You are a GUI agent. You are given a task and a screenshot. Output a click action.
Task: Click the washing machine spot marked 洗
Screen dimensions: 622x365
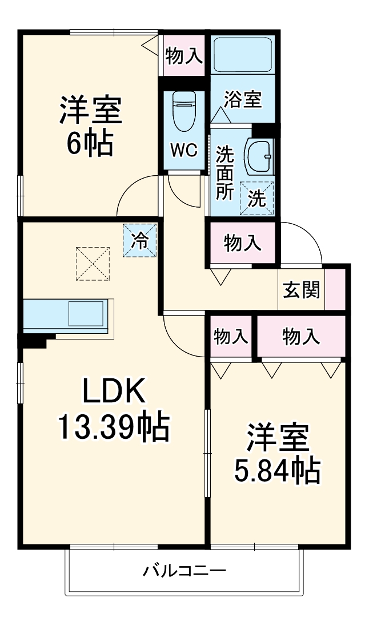[x=257, y=198]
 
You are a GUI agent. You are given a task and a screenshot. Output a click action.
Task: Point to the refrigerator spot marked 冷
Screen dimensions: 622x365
[x=139, y=240]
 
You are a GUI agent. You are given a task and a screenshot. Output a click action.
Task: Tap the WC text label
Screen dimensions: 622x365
[x=184, y=151]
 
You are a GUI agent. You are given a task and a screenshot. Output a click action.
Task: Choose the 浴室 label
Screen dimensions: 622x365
[x=242, y=99]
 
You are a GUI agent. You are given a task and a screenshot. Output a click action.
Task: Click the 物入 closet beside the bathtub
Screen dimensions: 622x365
[x=183, y=55]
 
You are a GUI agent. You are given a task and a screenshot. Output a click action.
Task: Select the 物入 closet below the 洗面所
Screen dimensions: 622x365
[x=243, y=244]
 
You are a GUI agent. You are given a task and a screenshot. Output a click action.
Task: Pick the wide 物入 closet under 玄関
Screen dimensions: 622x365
[x=300, y=336]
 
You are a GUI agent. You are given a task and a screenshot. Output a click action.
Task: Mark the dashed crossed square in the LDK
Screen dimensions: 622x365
[x=93, y=263]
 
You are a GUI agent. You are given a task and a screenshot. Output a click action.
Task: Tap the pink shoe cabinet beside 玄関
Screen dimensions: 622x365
[x=335, y=289]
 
